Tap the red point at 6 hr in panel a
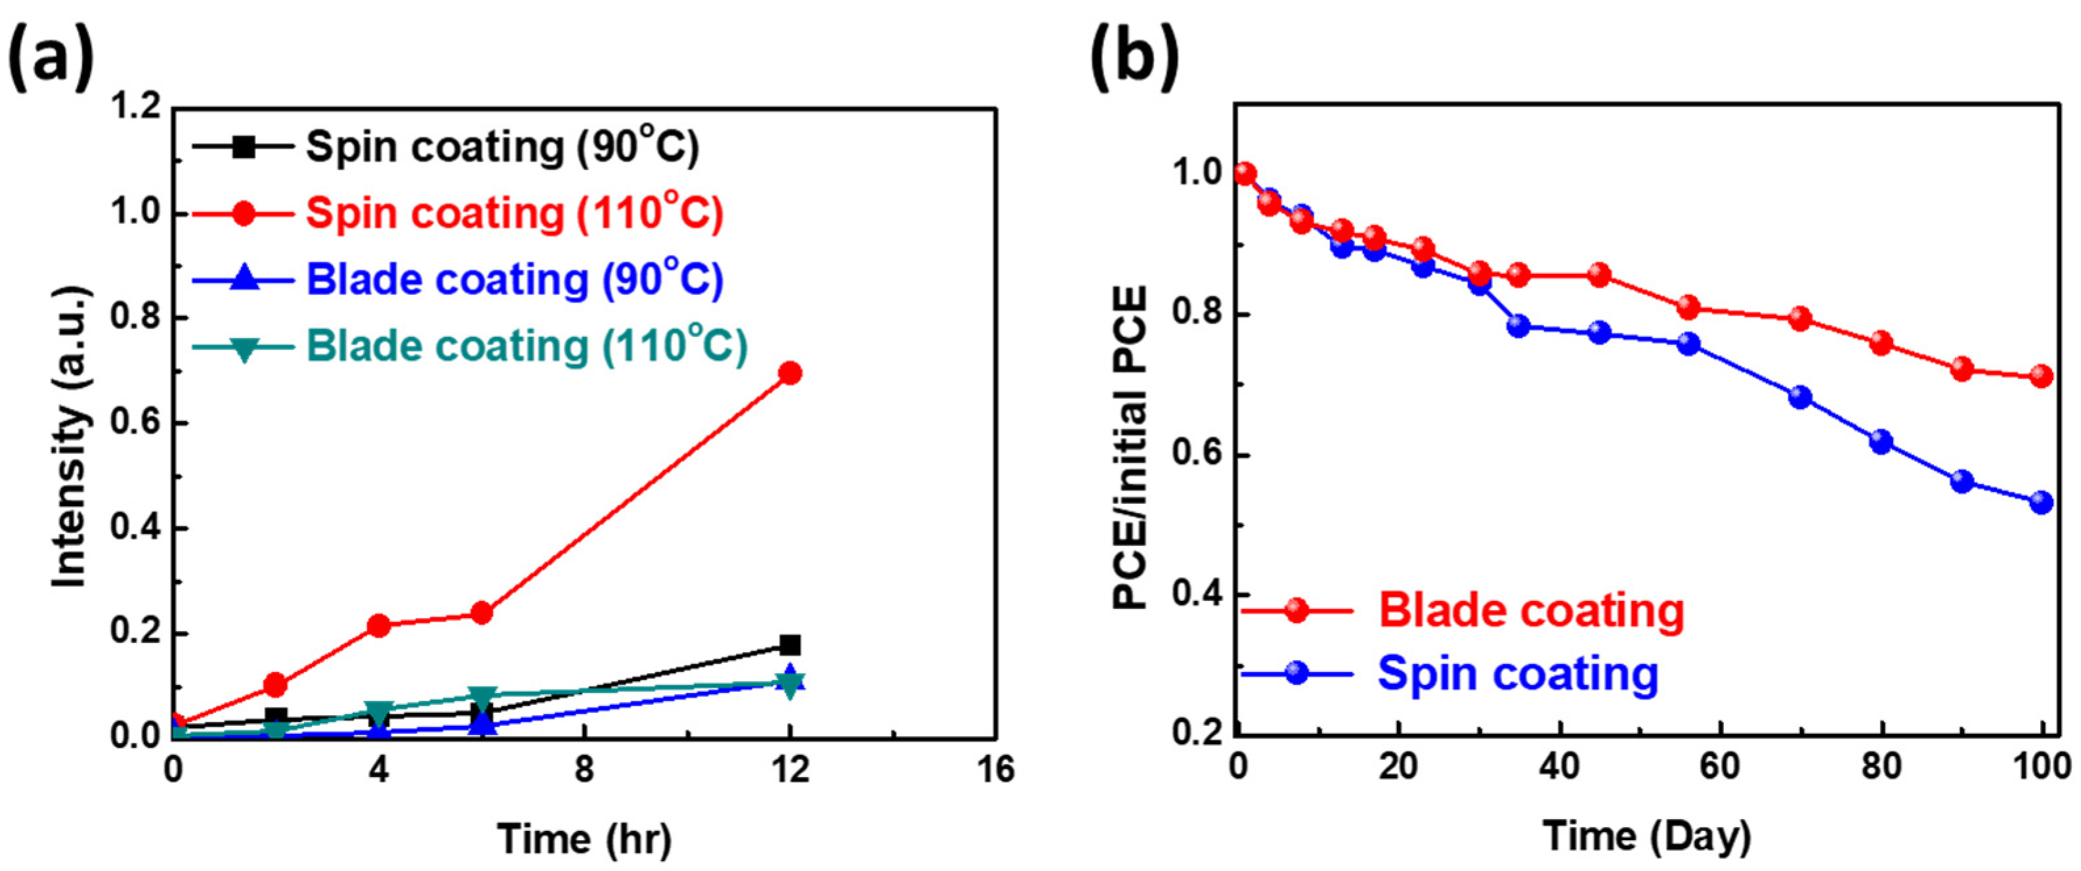481,614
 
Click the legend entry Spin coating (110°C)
514,213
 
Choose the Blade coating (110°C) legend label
526,346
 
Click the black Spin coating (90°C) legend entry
502,147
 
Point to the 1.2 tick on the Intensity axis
135,108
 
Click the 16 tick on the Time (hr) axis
995,769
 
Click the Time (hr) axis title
583,839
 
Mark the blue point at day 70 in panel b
1800,397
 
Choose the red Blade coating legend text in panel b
1531,610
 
